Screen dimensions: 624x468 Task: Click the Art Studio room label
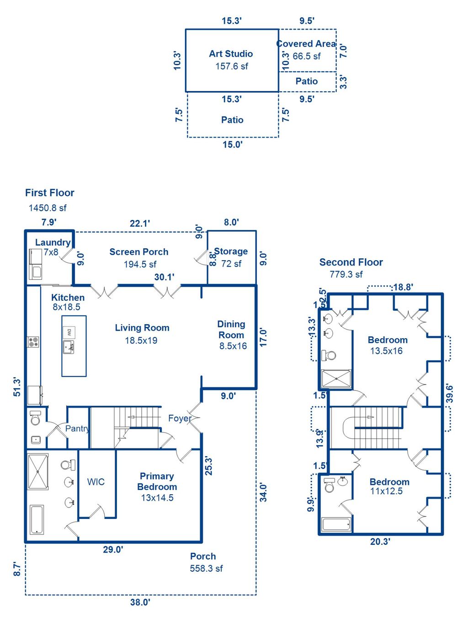point(231,53)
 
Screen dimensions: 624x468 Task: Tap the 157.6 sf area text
point(231,66)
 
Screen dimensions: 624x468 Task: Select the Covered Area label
point(306,44)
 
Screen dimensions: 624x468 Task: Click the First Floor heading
point(49,193)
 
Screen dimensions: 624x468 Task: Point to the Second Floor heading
point(351,262)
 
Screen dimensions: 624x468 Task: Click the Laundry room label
point(53,242)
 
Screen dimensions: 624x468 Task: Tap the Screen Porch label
point(138,252)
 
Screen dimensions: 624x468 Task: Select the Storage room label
point(231,251)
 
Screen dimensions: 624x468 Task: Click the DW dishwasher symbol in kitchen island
point(69,332)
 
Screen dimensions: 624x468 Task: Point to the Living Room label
point(142,328)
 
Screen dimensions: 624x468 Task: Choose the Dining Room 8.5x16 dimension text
point(233,346)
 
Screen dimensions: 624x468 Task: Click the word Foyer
point(180,418)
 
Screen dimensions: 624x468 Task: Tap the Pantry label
point(77,428)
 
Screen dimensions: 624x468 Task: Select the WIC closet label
point(96,482)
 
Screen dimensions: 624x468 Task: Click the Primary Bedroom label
point(157,481)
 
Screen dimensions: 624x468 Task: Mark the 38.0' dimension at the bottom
point(140,602)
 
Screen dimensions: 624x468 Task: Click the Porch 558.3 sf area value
point(206,568)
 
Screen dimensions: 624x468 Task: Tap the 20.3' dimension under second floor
point(380,542)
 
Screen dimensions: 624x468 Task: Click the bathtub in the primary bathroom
point(37,519)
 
